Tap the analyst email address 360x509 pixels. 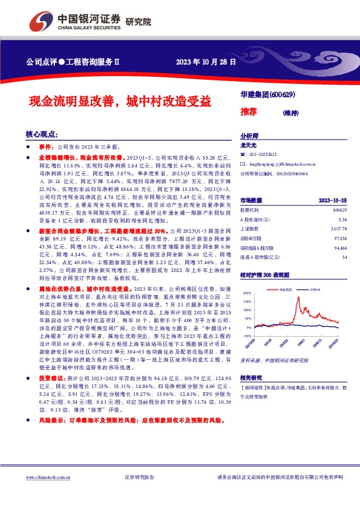tap(282, 163)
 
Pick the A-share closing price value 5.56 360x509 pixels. tap(342, 219)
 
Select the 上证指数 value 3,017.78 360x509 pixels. tap(339, 229)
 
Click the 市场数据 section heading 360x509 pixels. tap(251, 200)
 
